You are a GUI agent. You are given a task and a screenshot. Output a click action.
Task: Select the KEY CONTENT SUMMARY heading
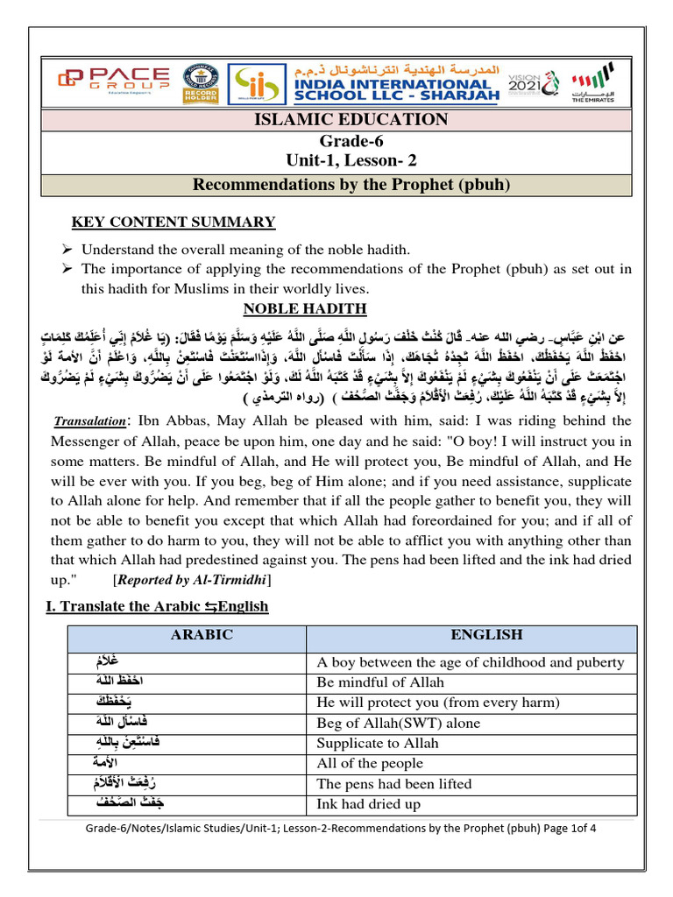(173, 222)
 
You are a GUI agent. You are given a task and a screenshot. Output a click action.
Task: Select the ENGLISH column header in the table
(485, 635)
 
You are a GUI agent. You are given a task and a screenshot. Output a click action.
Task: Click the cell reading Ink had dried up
(368, 804)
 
